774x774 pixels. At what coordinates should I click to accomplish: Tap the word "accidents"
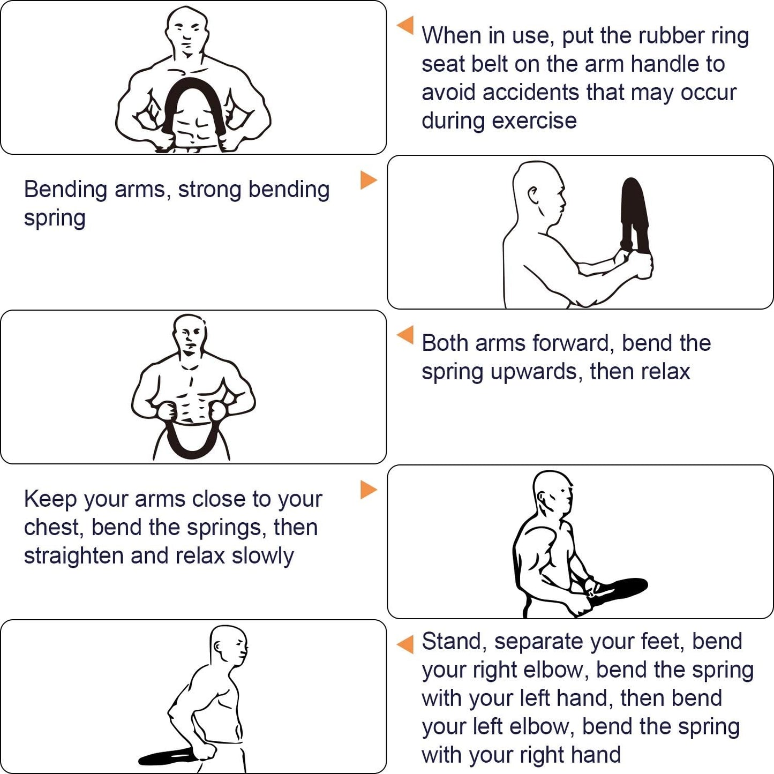531,92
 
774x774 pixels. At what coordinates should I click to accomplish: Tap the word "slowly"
262,557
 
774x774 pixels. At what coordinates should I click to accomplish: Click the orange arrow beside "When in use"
405,25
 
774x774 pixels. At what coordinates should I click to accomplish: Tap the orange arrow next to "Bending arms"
369,180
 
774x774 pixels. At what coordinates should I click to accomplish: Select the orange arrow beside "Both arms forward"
405,335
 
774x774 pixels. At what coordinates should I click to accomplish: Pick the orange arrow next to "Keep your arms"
369,490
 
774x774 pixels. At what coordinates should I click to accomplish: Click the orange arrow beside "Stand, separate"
405,644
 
